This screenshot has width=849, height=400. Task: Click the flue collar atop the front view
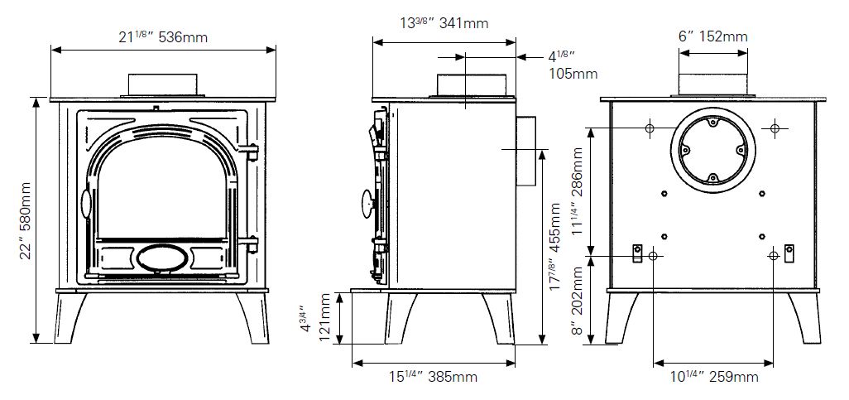(161, 84)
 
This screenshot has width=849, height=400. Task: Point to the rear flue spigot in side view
(525, 152)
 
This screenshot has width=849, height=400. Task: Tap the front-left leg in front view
(70, 318)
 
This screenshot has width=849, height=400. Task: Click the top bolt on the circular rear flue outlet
(713, 123)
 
